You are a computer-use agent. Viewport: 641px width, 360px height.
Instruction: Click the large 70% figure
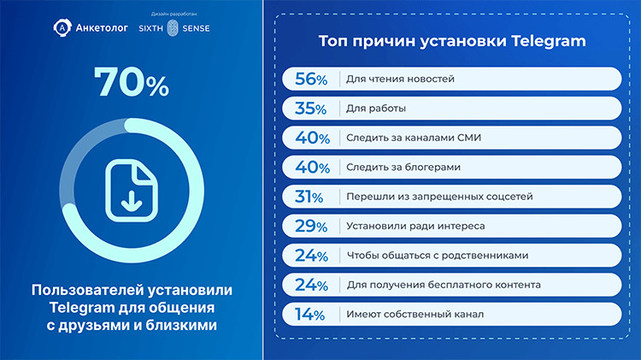[131, 83]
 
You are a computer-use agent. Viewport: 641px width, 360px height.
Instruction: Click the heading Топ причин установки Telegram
[452, 41]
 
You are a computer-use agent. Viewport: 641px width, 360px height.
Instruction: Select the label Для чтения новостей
[400, 80]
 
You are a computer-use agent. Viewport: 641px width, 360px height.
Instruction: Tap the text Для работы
[376, 109]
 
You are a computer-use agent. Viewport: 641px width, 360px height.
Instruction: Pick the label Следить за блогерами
[403, 168]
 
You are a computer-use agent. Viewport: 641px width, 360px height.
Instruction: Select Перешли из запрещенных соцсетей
[439, 197]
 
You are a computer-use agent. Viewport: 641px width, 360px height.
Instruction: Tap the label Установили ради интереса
[415, 227]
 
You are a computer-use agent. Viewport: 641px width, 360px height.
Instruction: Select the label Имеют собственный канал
[415, 315]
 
